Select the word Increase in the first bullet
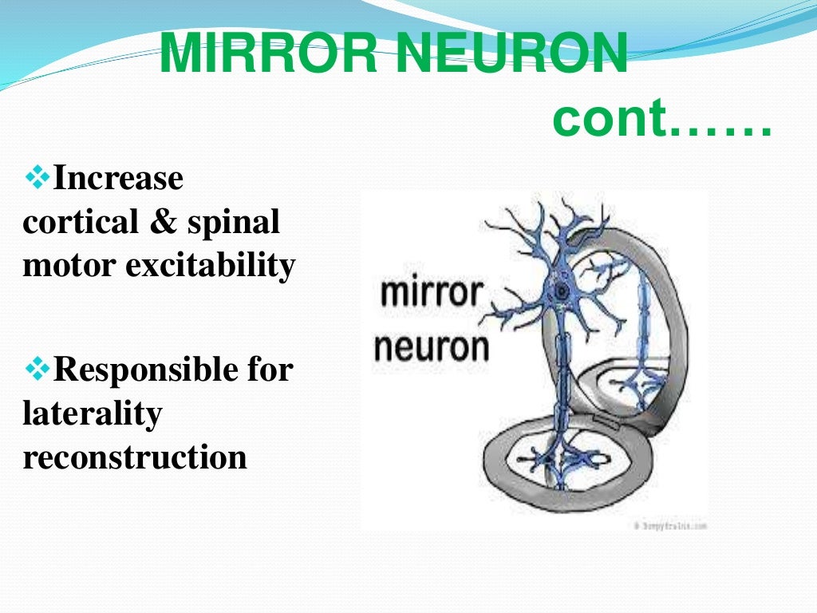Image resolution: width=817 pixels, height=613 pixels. [x=118, y=178]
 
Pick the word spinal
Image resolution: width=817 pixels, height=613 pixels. [x=234, y=222]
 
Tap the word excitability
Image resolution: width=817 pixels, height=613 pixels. [x=210, y=265]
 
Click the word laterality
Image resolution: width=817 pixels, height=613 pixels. [x=93, y=413]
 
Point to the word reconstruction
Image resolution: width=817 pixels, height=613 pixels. [x=135, y=457]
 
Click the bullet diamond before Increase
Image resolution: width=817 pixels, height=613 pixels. [x=37, y=178]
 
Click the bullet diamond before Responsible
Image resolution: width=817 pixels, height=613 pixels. [x=37, y=370]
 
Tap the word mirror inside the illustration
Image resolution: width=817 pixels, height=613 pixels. [x=432, y=293]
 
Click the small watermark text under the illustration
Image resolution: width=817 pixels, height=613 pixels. [x=670, y=526]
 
